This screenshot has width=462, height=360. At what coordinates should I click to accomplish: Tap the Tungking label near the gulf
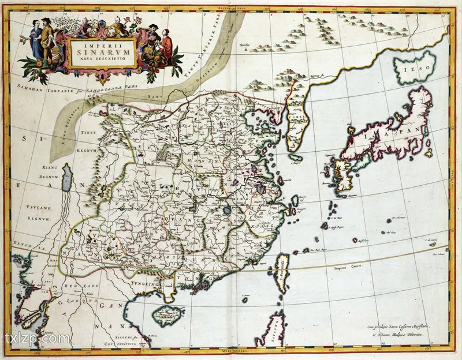pos(143,284)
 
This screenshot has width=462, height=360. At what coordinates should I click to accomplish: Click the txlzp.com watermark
pos(38,339)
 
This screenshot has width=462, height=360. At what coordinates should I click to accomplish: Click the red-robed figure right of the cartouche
pos(167,46)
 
